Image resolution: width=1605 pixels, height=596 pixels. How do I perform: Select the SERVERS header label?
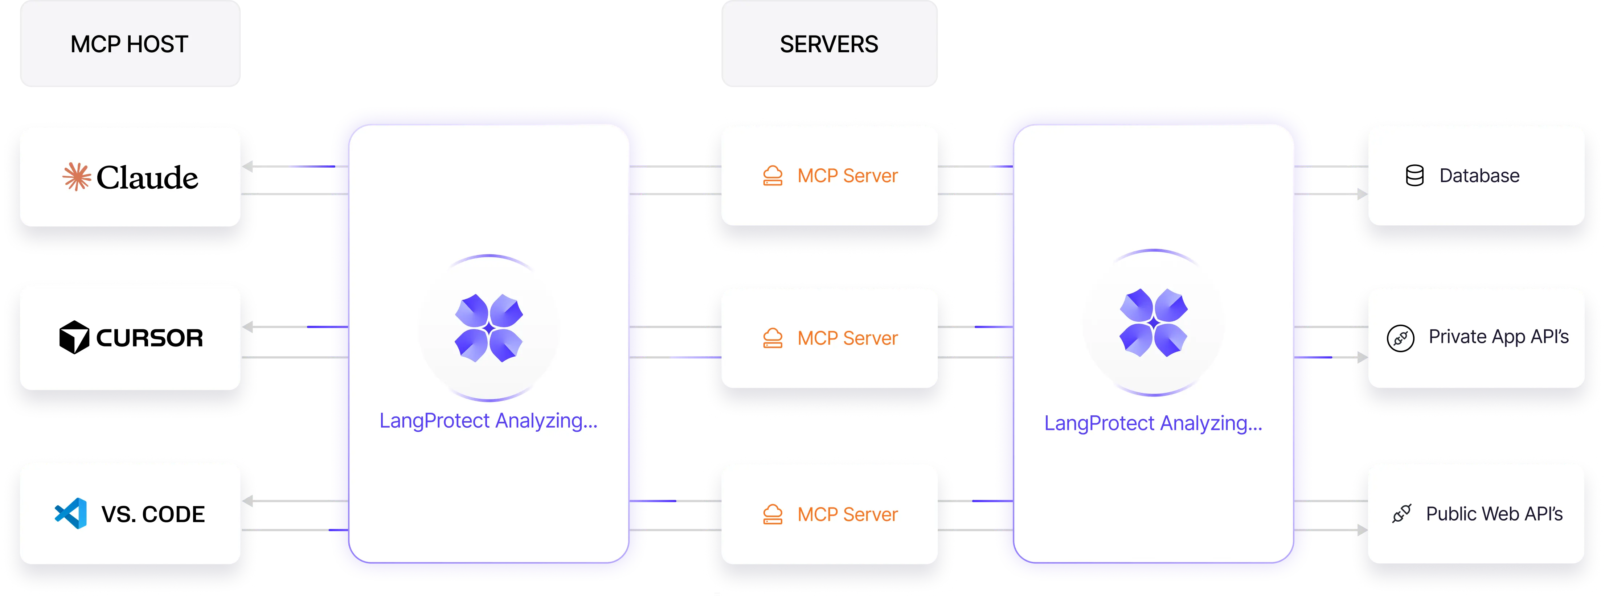(x=829, y=44)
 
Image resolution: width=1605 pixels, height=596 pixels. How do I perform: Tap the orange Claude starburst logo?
(x=77, y=177)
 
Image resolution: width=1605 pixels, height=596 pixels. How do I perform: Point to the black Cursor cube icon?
(x=74, y=338)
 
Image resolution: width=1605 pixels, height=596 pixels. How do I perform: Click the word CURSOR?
(x=150, y=338)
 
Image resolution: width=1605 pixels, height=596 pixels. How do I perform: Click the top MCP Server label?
(x=847, y=176)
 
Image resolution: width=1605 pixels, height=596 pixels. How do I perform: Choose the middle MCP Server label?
(x=847, y=338)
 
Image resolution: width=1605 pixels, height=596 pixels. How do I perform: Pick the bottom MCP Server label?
(x=847, y=514)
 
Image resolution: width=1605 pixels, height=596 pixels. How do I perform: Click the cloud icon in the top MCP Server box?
(x=773, y=176)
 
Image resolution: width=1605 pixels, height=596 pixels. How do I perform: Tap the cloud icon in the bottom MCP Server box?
(x=773, y=514)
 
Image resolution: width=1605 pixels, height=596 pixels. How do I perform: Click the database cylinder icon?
(x=1414, y=176)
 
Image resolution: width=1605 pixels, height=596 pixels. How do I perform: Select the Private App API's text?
(x=1498, y=337)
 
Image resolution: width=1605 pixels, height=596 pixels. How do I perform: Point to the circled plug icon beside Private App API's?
(x=1400, y=338)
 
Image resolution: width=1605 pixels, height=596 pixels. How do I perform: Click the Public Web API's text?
(x=1494, y=514)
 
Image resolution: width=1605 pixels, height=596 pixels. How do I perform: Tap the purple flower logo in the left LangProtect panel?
(x=488, y=328)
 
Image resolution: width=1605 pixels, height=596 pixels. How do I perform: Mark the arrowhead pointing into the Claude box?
(x=248, y=167)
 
